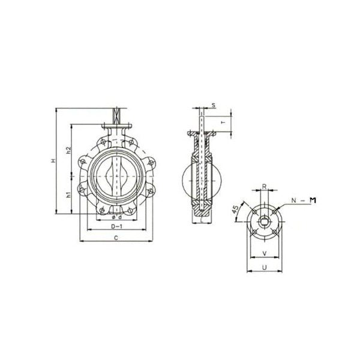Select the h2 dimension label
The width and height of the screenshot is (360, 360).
69,150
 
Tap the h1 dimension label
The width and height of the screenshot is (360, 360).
69,194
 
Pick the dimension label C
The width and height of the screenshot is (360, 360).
115,238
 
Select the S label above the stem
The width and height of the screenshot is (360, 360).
214,104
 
